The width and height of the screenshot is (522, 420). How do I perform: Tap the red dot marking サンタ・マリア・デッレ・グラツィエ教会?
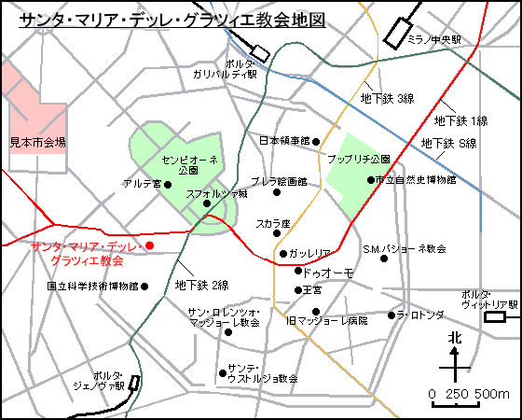coord(150,245)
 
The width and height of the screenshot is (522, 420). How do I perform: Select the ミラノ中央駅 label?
coord(435,40)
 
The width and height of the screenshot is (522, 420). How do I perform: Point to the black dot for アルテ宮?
coord(168,184)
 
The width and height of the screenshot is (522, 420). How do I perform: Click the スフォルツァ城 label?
coord(217,195)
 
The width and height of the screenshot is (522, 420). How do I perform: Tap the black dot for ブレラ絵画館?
coord(277,192)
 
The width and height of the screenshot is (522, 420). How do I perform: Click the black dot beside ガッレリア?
coord(283,254)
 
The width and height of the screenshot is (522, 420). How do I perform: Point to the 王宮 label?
coord(313,290)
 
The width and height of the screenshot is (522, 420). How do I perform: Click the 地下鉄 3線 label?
coord(388,98)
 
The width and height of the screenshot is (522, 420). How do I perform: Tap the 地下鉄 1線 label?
coord(461,120)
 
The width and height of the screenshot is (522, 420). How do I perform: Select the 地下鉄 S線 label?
coord(449,143)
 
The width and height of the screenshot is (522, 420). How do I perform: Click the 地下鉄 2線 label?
coord(202,285)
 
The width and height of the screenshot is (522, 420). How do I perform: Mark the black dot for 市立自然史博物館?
coord(370,179)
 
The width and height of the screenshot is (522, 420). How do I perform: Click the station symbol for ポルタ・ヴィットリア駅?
coord(494,318)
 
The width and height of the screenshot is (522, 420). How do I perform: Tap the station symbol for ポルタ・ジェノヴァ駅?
coord(135,383)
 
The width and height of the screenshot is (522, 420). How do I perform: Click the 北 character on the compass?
coord(455,338)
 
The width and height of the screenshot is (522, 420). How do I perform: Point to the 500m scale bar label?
coord(490,394)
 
